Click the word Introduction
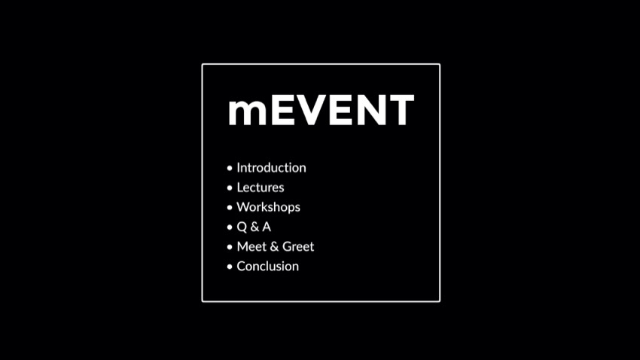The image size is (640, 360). [x=271, y=168]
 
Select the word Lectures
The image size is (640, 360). [x=261, y=188]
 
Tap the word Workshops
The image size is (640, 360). [x=268, y=207]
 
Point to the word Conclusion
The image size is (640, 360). [x=268, y=266]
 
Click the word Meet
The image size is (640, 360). [x=251, y=246]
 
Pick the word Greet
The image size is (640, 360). [x=298, y=246]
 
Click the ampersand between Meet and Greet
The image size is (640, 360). [x=274, y=246]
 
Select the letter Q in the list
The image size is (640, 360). [x=242, y=227]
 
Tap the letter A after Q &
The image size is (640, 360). [x=266, y=227]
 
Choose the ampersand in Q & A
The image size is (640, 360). [x=254, y=227]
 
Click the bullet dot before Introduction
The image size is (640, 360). [x=230, y=168]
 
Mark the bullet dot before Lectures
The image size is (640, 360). [x=230, y=188]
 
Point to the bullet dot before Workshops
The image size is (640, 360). [x=230, y=207]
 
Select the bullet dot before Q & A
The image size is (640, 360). [x=230, y=227]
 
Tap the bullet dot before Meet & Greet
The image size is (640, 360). [x=230, y=247]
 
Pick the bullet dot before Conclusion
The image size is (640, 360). [x=230, y=267]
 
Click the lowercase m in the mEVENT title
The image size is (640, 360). [x=248, y=112]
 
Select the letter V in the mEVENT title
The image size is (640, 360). [x=313, y=109]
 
